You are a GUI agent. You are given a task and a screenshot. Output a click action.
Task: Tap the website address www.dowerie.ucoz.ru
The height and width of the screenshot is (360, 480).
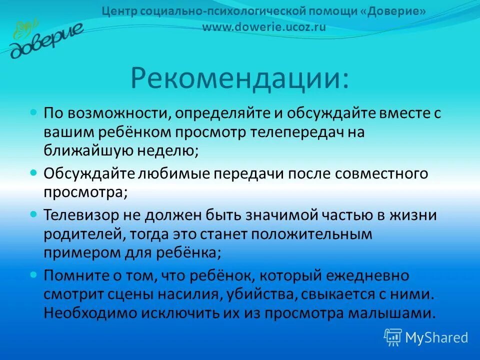pos(264,27)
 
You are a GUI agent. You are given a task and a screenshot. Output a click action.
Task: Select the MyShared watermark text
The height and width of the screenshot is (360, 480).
pos(436,337)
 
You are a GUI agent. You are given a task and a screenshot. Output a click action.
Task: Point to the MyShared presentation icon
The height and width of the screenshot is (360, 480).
pos(393,337)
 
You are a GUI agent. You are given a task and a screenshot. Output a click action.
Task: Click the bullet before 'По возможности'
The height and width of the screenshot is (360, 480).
pos(34,112)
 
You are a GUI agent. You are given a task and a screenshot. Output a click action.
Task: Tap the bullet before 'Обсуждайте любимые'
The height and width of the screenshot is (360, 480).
pos(34,172)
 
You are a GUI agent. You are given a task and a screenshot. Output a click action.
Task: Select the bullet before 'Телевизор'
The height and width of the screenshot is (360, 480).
pos(34,214)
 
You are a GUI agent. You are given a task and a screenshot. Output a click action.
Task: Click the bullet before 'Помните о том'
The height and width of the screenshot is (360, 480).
pos(34,274)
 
